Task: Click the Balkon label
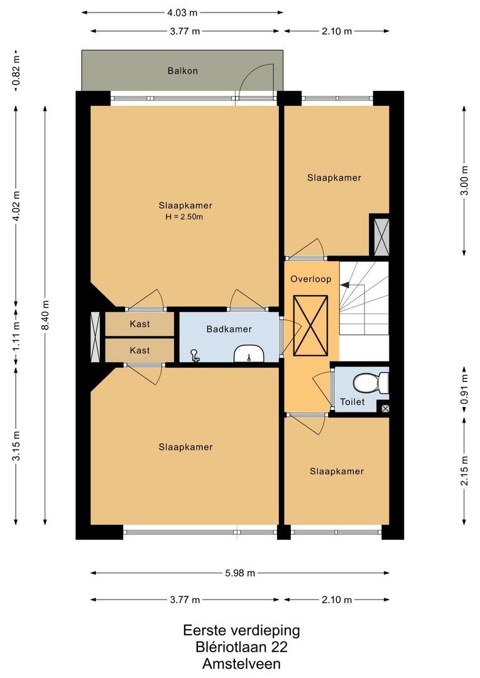(182, 71)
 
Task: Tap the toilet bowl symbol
(368, 382)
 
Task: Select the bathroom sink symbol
(249, 355)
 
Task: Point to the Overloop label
(310, 279)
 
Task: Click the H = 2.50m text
(185, 217)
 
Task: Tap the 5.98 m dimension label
(240, 573)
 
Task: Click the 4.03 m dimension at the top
(182, 12)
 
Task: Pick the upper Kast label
(139, 324)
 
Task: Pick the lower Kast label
(139, 350)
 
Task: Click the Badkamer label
(229, 329)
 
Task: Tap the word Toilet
(352, 402)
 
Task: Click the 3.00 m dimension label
(464, 180)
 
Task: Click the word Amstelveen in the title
(241, 664)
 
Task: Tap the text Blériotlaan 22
(241, 647)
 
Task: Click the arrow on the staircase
(345, 285)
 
